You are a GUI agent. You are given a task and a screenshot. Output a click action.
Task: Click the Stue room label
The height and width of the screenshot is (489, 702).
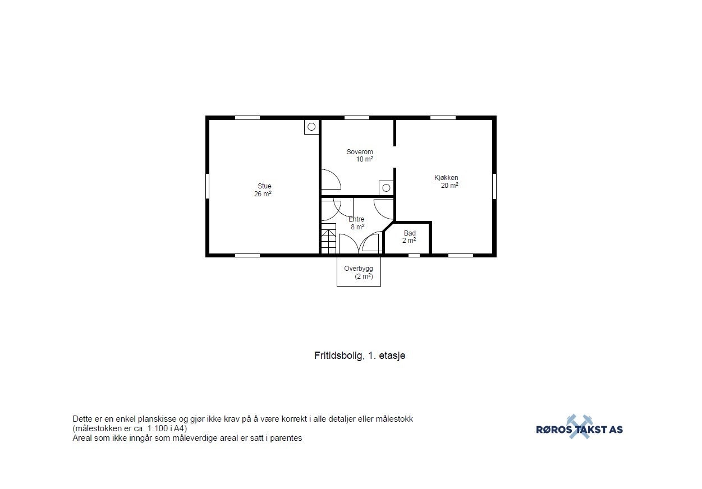point(264,186)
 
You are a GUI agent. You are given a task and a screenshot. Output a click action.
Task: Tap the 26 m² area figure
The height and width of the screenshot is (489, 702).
point(263,194)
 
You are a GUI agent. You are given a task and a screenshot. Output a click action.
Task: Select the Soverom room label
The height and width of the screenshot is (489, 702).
point(360,152)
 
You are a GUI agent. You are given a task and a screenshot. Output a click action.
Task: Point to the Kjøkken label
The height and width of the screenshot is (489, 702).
point(446,178)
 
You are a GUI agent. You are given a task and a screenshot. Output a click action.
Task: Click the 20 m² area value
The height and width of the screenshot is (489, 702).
point(449,186)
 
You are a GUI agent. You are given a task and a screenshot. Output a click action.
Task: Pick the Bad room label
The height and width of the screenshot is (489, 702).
point(410,233)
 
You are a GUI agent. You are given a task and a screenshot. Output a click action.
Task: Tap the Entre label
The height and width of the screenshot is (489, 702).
point(356,219)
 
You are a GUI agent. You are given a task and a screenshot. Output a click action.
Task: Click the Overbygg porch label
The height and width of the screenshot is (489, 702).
point(359,269)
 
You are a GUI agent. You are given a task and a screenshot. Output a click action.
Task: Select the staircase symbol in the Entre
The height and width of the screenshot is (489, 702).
point(328,238)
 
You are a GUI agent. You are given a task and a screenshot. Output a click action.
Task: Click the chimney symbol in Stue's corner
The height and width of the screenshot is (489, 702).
point(311,127)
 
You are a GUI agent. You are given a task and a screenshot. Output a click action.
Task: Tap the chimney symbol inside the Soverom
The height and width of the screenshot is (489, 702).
point(386,188)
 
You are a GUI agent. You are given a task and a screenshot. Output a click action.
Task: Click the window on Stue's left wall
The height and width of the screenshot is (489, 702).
point(208,186)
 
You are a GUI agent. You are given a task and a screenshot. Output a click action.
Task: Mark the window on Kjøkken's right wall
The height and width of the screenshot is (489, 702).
point(494,186)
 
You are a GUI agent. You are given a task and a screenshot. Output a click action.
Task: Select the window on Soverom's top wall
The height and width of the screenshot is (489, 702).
point(357,118)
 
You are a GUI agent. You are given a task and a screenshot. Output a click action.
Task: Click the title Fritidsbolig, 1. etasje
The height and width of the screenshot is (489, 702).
point(360,355)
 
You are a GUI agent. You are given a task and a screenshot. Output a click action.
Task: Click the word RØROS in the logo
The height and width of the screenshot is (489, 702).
point(555,430)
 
